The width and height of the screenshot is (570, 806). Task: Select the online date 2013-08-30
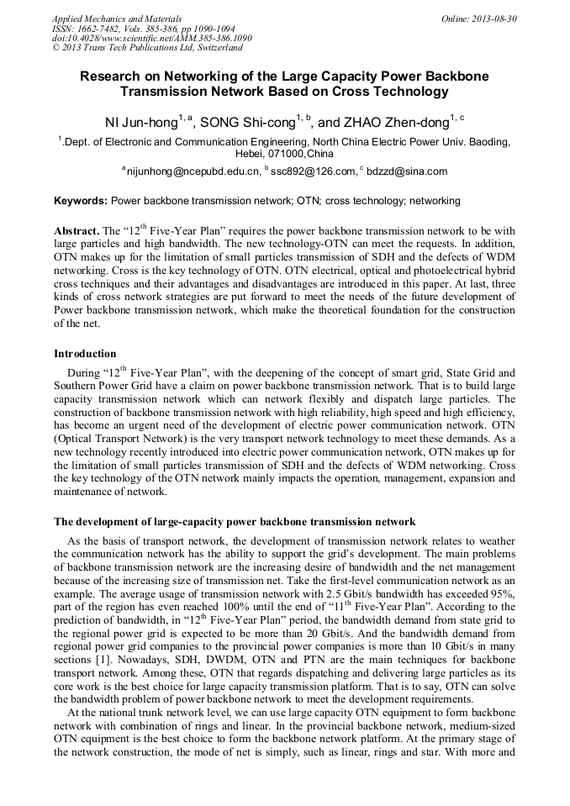tap(491, 18)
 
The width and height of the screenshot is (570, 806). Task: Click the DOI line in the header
tap(151, 38)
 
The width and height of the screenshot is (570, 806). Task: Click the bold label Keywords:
tap(81, 202)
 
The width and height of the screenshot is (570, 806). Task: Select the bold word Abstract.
tap(76, 230)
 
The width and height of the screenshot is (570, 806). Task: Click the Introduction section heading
tap(85, 354)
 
